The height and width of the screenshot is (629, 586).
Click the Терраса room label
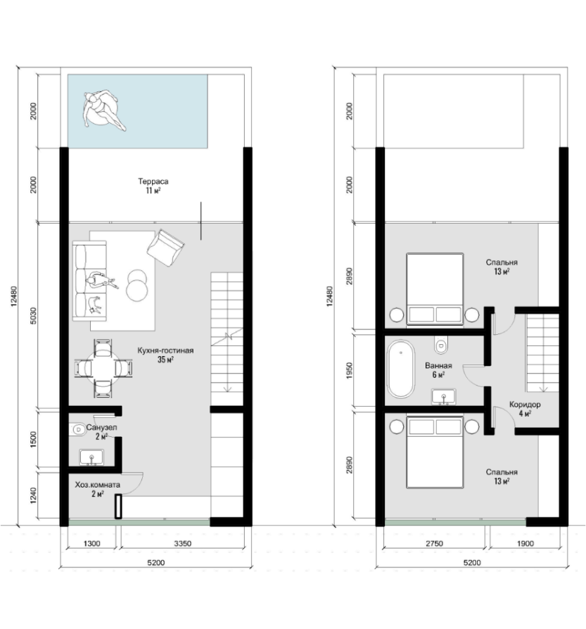click(x=153, y=182)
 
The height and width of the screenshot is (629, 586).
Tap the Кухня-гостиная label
click(x=165, y=350)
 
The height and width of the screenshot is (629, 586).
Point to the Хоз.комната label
click(x=98, y=485)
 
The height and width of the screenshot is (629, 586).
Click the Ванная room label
click(x=438, y=365)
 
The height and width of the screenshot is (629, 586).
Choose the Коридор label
click(x=525, y=405)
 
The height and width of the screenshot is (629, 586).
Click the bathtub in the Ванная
click(x=400, y=369)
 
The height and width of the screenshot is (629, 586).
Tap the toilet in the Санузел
click(x=78, y=430)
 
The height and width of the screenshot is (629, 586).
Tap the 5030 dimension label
click(x=33, y=316)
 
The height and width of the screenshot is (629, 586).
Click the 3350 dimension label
click(x=182, y=544)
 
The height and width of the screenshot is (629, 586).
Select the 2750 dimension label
click(x=434, y=544)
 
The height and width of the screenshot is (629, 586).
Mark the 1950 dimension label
click(x=349, y=371)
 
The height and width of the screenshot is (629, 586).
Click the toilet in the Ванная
click(x=441, y=345)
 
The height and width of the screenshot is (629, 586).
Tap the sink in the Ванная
click(x=444, y=397)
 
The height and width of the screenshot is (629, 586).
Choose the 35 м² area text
click(x=165, y=360)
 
